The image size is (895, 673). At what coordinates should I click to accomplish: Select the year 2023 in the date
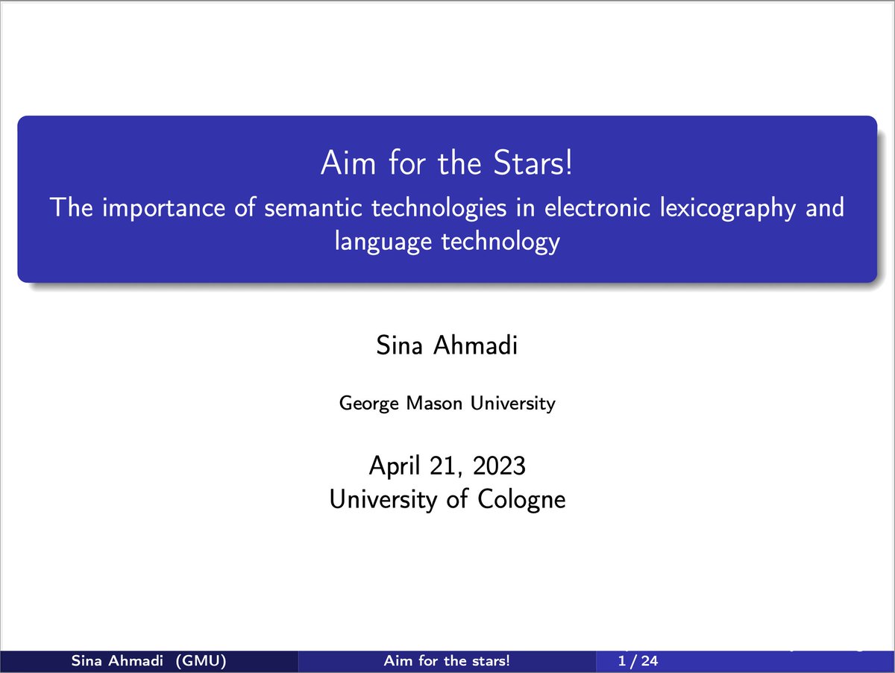click(500, 466)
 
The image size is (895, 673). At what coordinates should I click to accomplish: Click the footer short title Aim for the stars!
click(447, 661)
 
